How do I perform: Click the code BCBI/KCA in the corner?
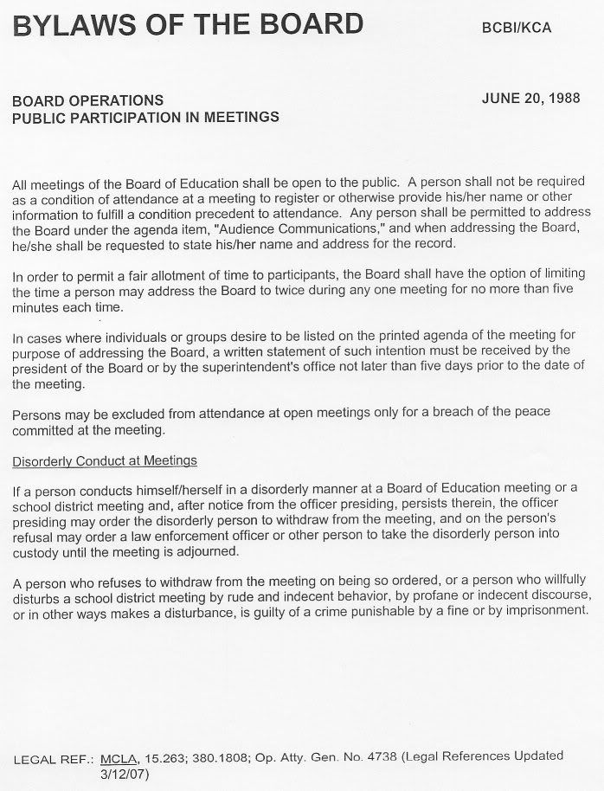coord(516,29)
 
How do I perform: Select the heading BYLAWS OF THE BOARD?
coord(187,25)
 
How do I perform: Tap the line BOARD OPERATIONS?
coord(87,101)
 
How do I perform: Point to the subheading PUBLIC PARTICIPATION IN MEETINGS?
coord(145,118)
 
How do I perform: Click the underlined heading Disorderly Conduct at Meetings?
coord(105,460)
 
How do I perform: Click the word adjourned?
coord(202,552)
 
